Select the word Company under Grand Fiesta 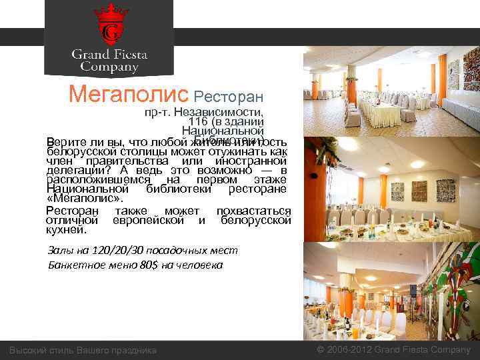pyautogui.click(x=109, y=67)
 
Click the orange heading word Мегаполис pyautogui.click(x=129, y=95)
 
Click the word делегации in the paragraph pyautogui.click(x=74, y=169)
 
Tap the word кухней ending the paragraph pyautogui.click(x=65, y=229)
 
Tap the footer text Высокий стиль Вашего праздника pyautogui.click(x=83, y=350)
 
